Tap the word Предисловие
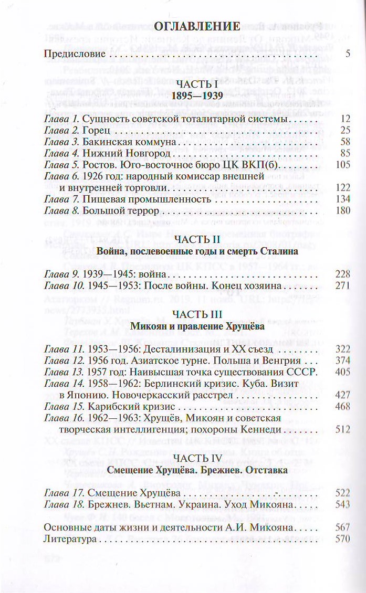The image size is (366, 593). (75, 54)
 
